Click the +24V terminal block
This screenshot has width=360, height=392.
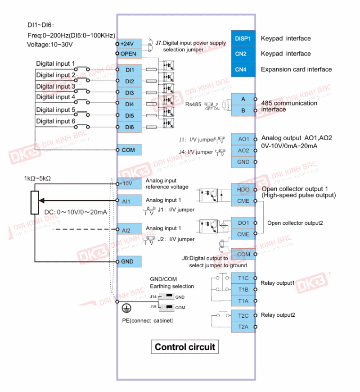[130, 44]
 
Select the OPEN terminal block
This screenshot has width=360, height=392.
[130, 54]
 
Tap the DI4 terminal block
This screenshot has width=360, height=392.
[130, 104]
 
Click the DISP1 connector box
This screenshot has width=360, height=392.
[243, 38]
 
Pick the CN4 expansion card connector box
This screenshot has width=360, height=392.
[243, 69]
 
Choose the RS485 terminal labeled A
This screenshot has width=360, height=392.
[243, 99]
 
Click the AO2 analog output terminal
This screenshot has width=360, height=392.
[243, 150]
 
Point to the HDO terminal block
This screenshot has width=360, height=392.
[243, 190]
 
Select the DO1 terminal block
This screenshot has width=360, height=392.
[243, 223]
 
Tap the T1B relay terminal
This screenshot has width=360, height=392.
[243, 289]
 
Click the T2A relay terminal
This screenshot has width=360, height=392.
[243, 327]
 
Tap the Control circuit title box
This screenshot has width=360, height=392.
[185, 347]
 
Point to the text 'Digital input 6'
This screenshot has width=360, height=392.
[55, 121]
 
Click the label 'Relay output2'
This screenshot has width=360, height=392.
[278, 315]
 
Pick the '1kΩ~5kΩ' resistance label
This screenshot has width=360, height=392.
[37, 178]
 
